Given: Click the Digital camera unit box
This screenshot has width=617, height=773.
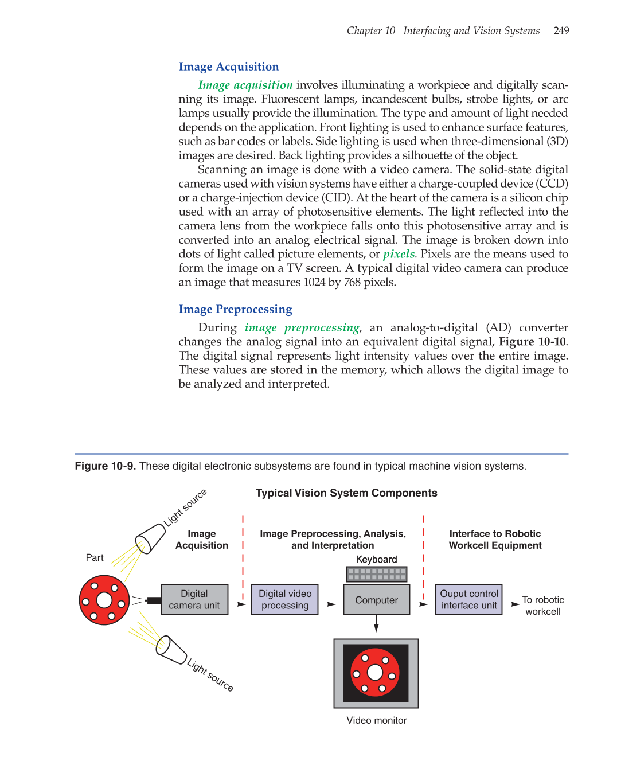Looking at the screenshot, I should (194, 600).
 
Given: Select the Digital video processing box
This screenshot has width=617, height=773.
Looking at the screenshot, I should (284, 600).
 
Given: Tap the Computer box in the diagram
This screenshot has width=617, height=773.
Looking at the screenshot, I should (376, 600).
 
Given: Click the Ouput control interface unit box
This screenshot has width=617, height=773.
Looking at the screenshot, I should (468, 600).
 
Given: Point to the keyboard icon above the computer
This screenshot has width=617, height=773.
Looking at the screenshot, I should (376, 574).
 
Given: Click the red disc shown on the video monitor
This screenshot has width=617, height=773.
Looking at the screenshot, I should (374, 673).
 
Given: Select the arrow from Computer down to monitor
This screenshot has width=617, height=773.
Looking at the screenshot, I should (376, 624).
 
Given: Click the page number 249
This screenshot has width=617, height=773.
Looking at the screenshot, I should (561, 31).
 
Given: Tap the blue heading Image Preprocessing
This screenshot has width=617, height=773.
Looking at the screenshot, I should (235, 310).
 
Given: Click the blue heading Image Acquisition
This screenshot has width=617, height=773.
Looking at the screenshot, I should (228, 67).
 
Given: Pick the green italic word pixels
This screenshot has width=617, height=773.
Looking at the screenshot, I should (399, 254).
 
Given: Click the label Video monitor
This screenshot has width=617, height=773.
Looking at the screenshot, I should (376, 721).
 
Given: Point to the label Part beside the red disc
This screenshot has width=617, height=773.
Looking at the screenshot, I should (95, 558).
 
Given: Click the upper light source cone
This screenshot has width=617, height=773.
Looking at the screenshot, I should (150, 538).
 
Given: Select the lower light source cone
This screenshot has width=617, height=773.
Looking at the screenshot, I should (171, 650).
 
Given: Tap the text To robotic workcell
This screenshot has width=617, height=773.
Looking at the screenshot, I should (542, 606).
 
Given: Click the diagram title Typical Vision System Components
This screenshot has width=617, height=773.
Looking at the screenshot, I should (346, 493).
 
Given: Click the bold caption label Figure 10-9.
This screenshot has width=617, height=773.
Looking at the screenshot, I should (105, 466).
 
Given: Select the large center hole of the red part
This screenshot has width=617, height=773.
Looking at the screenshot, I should (104, 600).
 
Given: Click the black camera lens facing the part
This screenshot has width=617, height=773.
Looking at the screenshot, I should (153, 600).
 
